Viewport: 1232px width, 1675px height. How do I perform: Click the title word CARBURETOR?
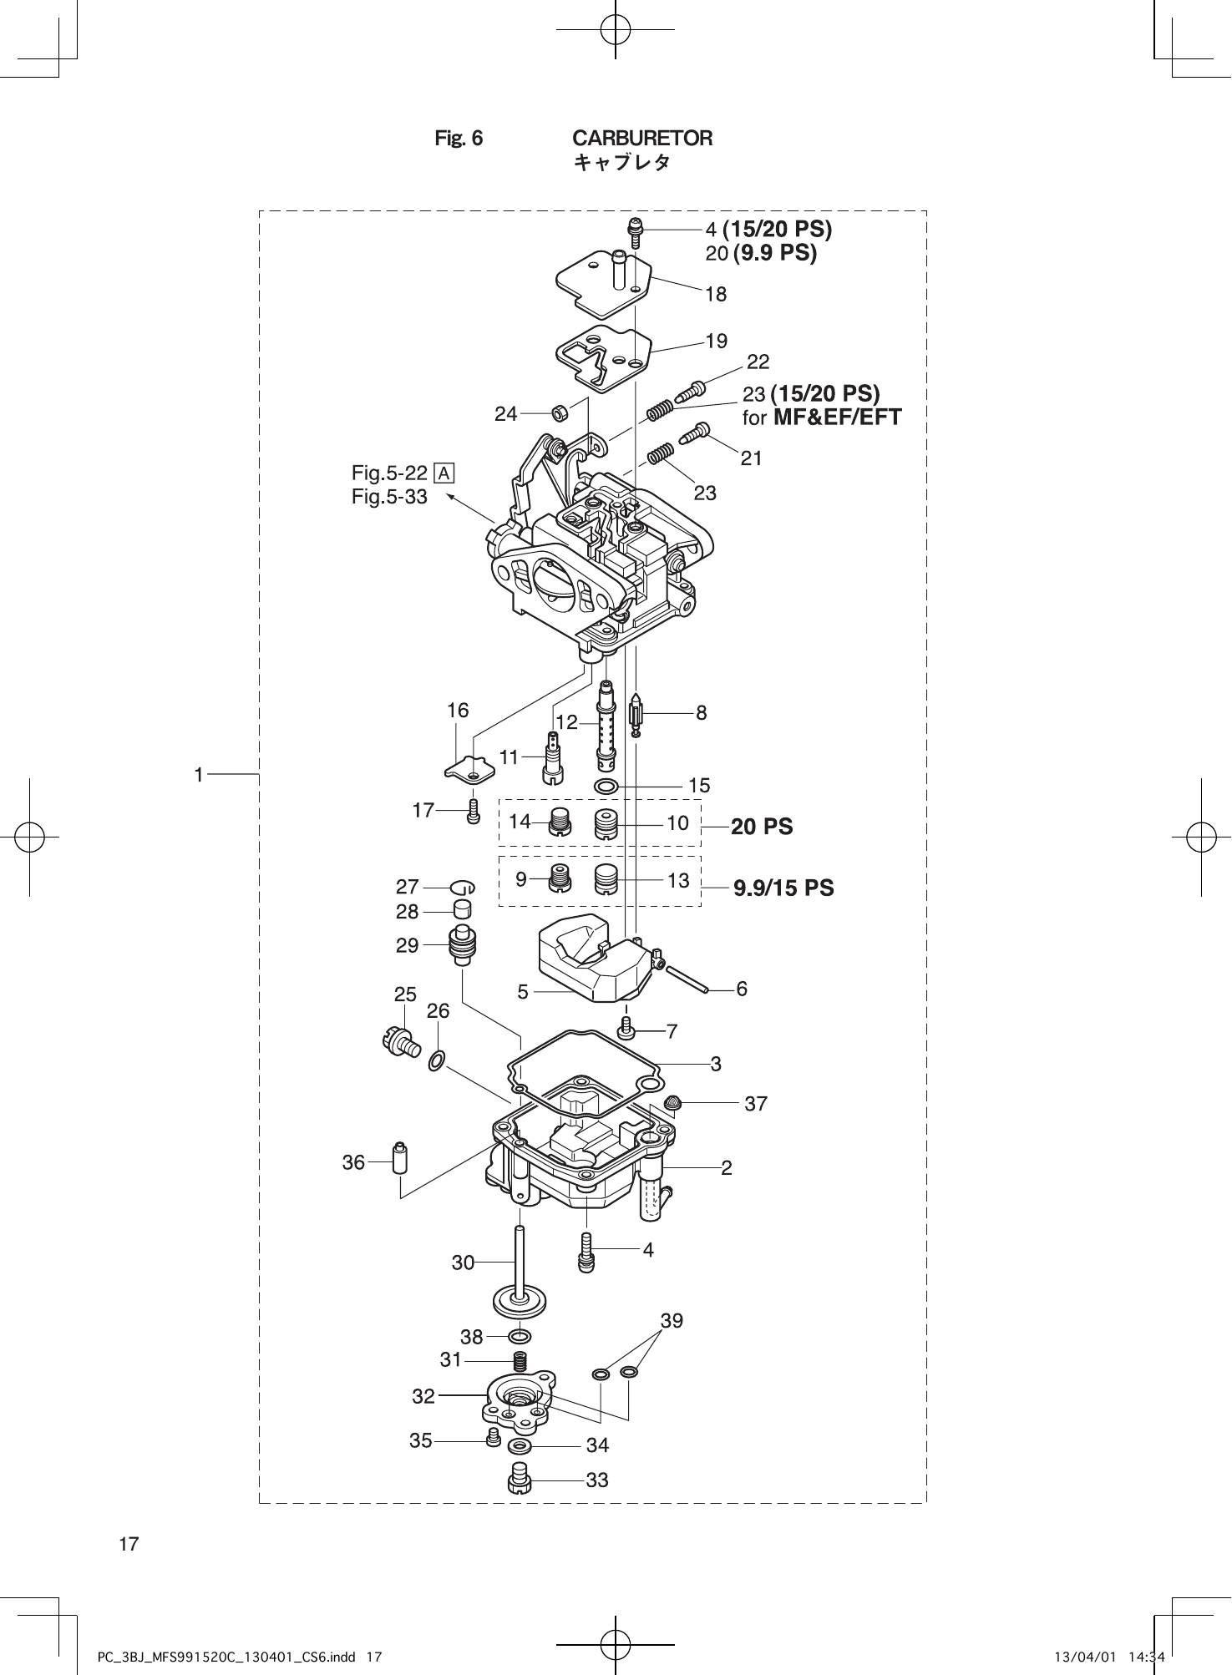pos(641,138)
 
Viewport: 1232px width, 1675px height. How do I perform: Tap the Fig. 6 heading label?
pos(459,138)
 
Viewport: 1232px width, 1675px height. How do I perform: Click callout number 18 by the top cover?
pos(716,294)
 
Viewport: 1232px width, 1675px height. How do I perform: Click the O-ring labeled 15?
pos(606,787)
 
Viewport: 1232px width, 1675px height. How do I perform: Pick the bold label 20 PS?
pos(762,827)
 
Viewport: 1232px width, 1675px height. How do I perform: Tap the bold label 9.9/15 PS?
pos(783,888)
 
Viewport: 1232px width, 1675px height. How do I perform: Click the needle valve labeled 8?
pos(636,716)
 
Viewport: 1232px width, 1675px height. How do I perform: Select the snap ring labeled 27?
pos(463,887)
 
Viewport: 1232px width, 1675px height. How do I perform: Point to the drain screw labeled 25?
pos(399,1042)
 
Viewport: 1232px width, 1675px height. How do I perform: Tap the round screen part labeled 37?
pos(672,1103)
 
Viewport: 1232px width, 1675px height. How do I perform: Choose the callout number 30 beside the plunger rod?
pos(463,1263)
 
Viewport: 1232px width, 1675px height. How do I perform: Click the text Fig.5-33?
pos(389,497)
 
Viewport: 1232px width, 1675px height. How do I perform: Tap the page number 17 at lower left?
pos(129,1544)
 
